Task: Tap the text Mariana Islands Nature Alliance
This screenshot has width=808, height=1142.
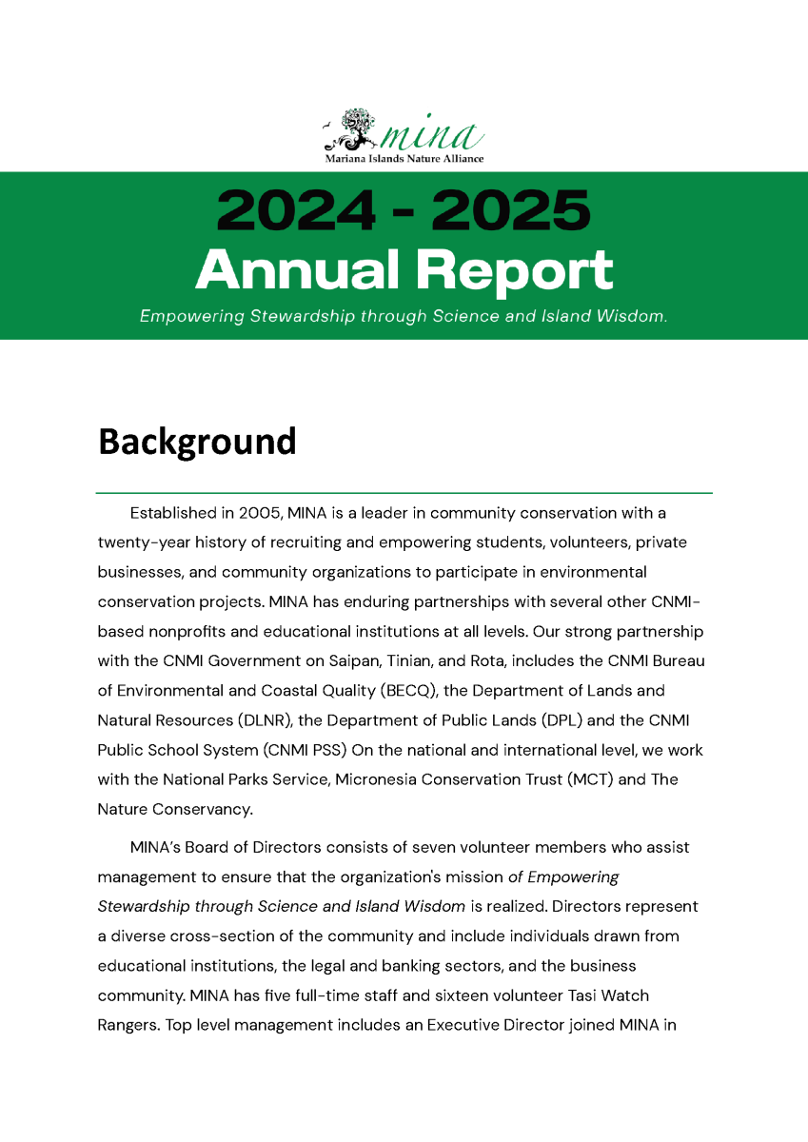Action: tap(404, 158)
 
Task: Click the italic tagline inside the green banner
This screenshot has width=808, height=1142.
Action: tap(404, 316)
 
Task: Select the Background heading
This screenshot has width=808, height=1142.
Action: tap(197, 442)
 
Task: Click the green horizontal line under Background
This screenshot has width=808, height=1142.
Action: tap(404, 493)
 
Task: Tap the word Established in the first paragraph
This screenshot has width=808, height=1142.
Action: tap(173, 513)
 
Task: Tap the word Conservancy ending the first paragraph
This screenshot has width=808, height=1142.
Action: tap(205, 809)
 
